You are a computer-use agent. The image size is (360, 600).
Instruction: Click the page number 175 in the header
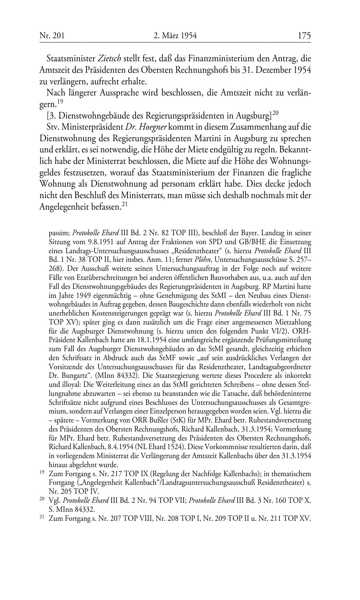click(304, 35)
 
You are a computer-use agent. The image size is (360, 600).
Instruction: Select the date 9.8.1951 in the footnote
click(99, 241)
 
